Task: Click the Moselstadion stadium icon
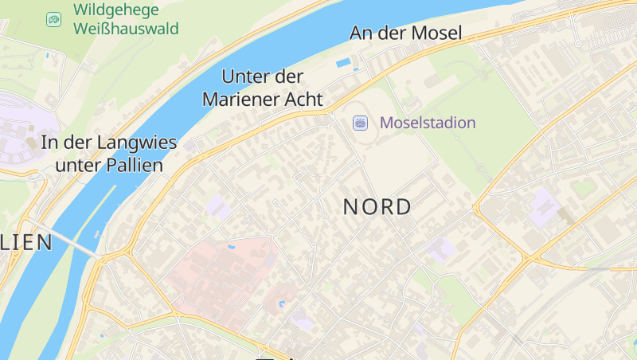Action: tap(360, 123)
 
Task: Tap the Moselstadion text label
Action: tap(428, 123)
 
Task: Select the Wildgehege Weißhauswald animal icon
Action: tap(53, 19)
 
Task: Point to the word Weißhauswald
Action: tap(126, 29)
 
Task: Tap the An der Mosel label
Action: tap(406, 33)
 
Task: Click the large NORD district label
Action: tap(377, 207)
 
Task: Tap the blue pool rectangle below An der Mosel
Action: tap(344, 62)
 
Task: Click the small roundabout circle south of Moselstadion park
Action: tap(480, 167)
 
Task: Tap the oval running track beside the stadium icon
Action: tap(374, 127)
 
